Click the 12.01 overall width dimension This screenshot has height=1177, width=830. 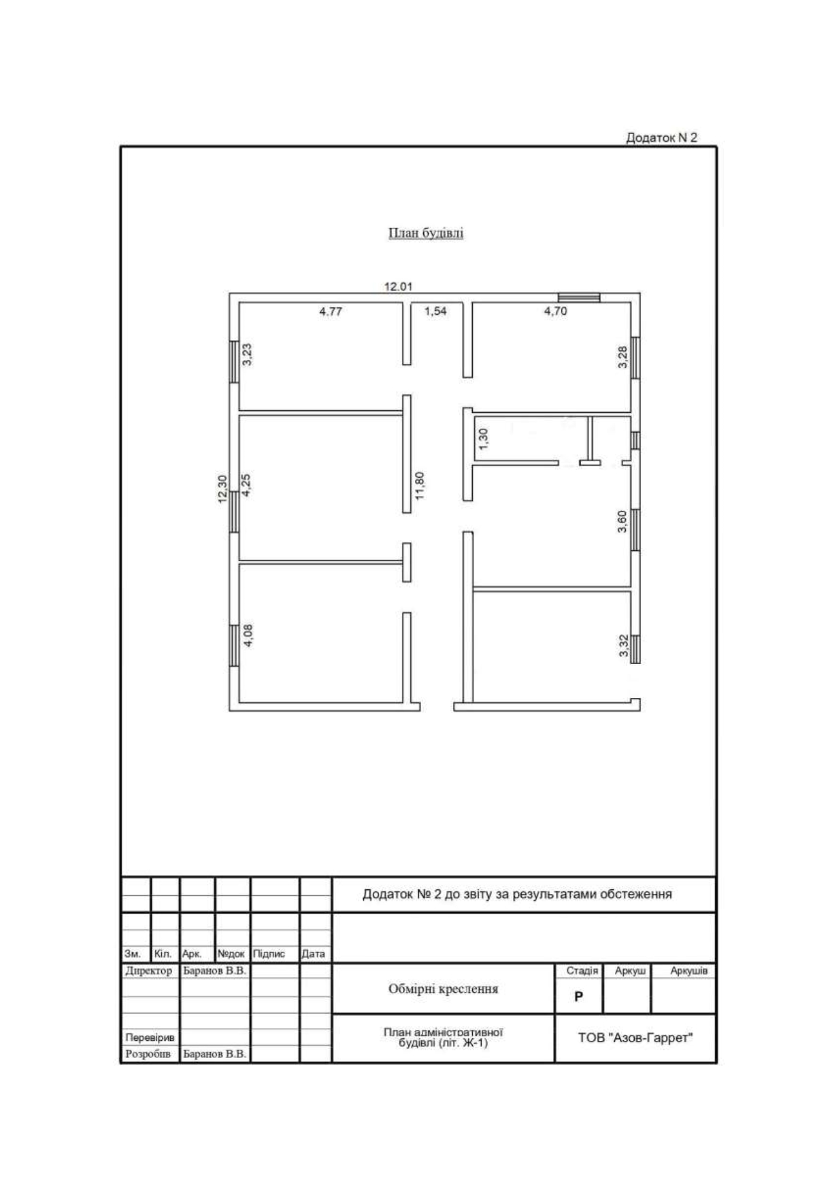click(398, 286)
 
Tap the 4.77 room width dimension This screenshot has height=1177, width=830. click(331, 312)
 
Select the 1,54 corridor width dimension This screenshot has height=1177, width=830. click(435, 312)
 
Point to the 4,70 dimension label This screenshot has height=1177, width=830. click(556, 312)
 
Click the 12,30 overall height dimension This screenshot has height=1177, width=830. click(222, 489)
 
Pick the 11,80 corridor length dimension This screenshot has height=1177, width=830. click(420, 486)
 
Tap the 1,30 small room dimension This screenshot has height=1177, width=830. click(484, 439)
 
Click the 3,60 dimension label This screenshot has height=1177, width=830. click(622, 522)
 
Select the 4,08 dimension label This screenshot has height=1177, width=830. click(248, 635)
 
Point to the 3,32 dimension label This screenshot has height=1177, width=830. click(624, 646)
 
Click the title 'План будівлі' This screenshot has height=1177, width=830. click(426, 233)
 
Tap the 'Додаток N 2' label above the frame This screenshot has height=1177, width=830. click(661, 137)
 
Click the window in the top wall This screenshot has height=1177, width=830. click(579, 297)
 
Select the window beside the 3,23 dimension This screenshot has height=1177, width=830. click(233, 362)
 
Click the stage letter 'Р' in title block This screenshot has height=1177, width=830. click(578, 997)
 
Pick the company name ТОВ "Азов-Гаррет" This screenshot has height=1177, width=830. click(635, 1038)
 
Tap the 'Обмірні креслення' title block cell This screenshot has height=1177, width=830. click(443, 989)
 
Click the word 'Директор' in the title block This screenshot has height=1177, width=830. click(149, 971)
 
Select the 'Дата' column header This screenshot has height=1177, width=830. click(313, 954)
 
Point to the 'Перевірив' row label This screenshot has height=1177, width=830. click(150, 1038)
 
